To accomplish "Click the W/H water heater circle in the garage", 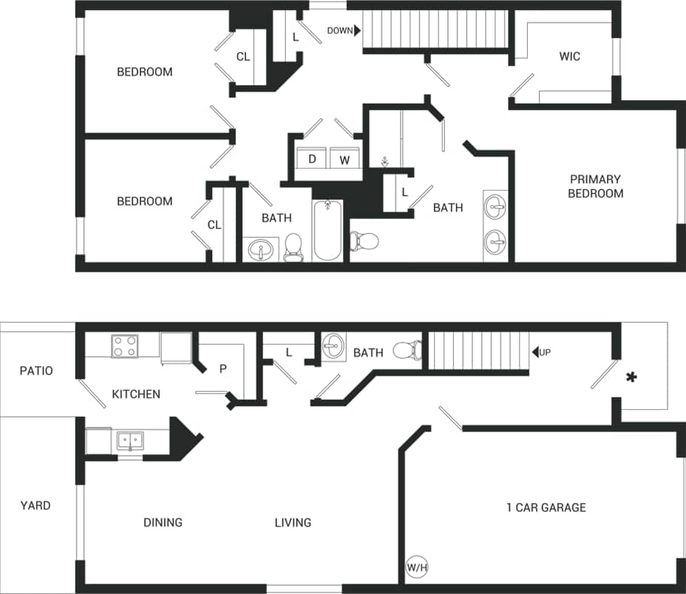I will point(418,567).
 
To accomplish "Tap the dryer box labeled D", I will point(312,159).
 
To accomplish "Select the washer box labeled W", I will point(344,159).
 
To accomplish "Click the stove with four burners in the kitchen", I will point(124,346).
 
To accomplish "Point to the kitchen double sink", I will point(131,442).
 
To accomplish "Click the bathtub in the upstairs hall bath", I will point(327,231).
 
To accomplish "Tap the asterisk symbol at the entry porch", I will point(631,378).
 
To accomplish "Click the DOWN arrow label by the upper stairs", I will point(344,30).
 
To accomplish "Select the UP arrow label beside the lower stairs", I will point(541,352).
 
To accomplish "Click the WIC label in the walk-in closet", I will point(569,56).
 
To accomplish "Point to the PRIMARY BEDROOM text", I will point(595,186).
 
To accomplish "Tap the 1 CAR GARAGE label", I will point(546,508).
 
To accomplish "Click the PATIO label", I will point(36,371).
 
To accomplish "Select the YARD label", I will point(35,505).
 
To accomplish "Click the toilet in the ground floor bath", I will point(407,349).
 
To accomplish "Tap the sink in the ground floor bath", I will point(333,346).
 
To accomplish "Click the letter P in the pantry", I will point(223,369).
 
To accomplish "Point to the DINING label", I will point(163,522).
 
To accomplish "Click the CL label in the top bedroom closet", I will point(242,56).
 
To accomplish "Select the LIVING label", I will point(293,522).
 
